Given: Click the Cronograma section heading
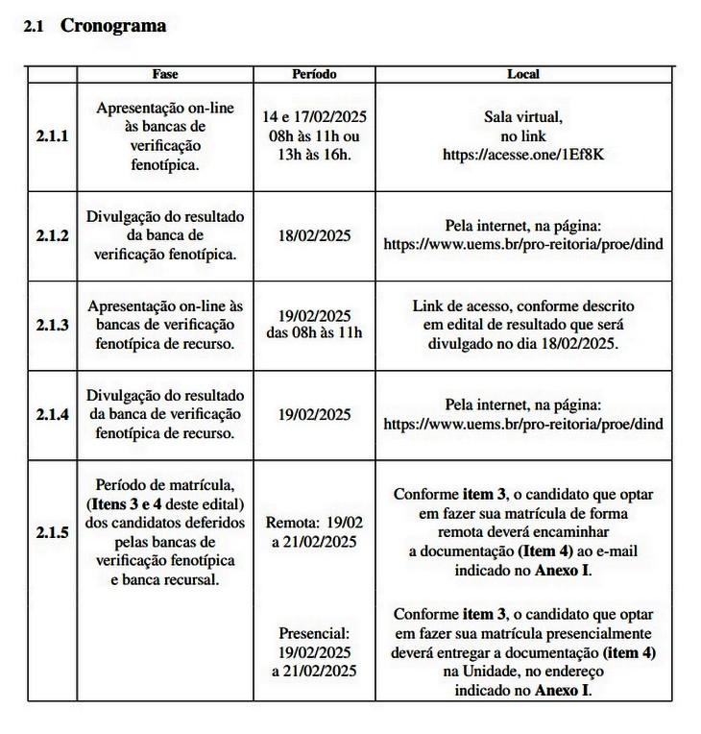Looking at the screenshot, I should click(112, 27).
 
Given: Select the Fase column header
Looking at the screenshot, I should click(165, 74).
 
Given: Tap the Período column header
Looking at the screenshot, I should click(314, 74).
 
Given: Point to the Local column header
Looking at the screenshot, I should click(522, 74).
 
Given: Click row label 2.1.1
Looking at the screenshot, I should click(52, 136).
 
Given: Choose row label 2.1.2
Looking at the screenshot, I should click(52, 236).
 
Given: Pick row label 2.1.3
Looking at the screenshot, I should click(52, 325).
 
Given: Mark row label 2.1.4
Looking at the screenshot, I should click(52, 414).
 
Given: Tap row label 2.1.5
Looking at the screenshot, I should click(52, 530).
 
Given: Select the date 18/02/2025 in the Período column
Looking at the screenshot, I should click(314, 236).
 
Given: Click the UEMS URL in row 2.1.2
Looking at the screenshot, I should click(522, 245).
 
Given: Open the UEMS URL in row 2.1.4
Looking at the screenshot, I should click(522, 424).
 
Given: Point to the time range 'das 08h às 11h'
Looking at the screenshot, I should click(314, 333).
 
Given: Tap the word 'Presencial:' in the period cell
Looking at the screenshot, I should click(314, 633).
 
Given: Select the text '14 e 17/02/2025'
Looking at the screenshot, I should click(314, 117).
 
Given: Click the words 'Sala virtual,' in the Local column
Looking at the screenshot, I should click(522, 117).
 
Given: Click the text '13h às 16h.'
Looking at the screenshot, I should click(314, 155).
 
